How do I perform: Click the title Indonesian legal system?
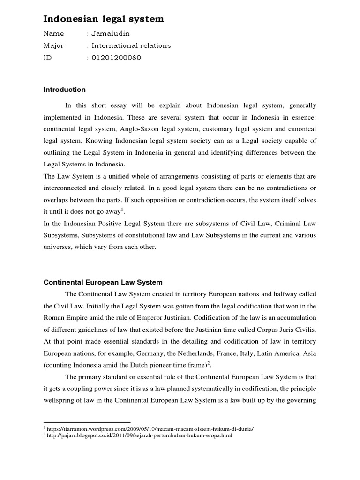pos(104,19)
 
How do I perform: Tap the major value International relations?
pos(131,45)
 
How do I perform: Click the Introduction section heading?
pos(65,90)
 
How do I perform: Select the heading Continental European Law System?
pos(103,282)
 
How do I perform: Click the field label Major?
pos(53,45)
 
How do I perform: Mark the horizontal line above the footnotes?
pos(87,422)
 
